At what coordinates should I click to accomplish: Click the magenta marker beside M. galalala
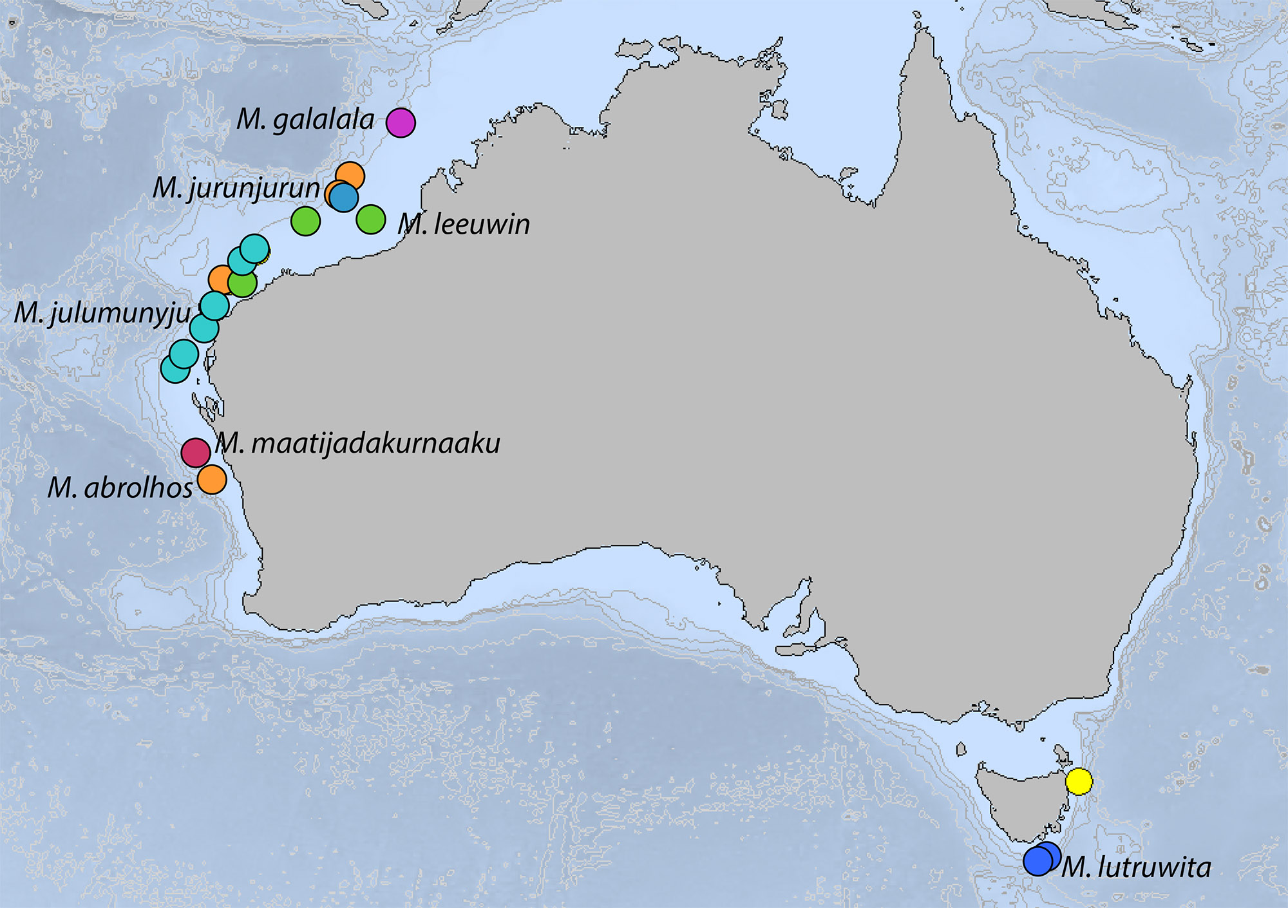coord(401,122)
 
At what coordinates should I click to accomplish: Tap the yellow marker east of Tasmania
coord(1079,782)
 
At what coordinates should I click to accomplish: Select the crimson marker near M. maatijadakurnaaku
coord(196,453)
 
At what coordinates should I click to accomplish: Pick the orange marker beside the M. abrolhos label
coord(212,479)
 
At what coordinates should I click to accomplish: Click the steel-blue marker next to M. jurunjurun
coord(344,198)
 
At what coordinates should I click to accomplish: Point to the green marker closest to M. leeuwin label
coord(371,220)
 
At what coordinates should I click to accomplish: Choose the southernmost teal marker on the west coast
coord(175,369)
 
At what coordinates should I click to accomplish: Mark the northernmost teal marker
coord(254,249)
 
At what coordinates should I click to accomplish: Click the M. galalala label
coord(305,120)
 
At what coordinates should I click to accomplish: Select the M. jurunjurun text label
coord(236,188)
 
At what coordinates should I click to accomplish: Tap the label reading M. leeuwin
coord(464,224)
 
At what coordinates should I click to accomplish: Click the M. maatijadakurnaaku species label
coord(358,444)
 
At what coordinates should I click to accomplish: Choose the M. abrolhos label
coord(120,488)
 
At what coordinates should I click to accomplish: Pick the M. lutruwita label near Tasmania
coord(1136,867)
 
